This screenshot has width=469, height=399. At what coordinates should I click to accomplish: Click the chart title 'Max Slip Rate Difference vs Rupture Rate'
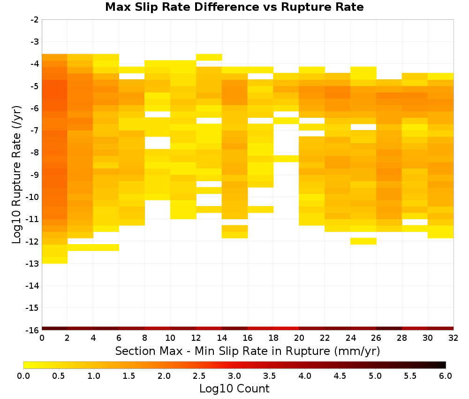coord(234,7)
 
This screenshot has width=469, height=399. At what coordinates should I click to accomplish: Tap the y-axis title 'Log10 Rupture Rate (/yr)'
coord(17,175)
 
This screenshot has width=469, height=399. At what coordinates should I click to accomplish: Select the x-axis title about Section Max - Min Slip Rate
coord(248,351)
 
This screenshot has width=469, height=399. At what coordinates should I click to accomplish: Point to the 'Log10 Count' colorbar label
coord(234,389)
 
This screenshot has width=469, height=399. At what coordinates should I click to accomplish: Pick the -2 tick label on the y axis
coord(35,20)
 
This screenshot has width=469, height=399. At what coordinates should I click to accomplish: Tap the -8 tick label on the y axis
coord(35,153)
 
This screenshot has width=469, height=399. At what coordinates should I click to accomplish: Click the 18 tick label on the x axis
coord(273,338)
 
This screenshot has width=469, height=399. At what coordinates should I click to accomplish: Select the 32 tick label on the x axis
coord(454,338)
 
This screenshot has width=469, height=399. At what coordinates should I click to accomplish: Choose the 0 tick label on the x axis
coord(42,338)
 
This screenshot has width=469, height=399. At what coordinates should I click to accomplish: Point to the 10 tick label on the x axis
coord(171,338)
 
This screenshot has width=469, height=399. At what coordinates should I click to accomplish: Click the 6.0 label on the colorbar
coord(446,376)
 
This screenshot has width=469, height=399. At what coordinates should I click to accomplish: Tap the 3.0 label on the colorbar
coord(234,376)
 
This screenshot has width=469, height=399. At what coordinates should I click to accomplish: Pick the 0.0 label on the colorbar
coord(23,376)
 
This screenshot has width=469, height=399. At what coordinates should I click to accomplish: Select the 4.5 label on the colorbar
coord(340,376)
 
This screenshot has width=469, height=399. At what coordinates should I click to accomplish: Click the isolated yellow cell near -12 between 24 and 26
coord(363,241)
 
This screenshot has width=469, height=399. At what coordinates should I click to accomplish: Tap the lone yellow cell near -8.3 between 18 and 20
coord(286,159)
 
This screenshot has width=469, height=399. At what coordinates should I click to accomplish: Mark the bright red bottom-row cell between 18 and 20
coord(286,329)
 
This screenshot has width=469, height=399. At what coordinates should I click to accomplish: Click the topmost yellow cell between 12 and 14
coord(209,57)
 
